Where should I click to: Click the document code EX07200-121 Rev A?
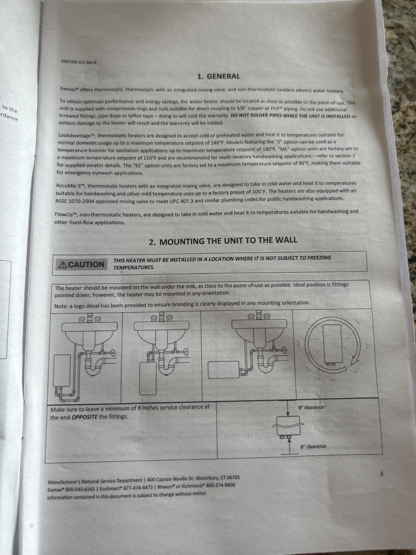79,62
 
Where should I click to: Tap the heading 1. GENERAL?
219,76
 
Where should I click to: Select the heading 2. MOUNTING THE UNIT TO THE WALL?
223,240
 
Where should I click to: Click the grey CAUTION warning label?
82,264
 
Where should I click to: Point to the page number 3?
381,474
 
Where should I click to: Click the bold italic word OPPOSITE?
85,417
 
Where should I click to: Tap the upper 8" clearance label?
311,407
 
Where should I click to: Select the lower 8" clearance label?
313,446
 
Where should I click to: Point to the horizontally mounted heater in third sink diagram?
223,370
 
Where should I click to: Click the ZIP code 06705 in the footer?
233,478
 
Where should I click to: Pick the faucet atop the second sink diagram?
162,317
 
